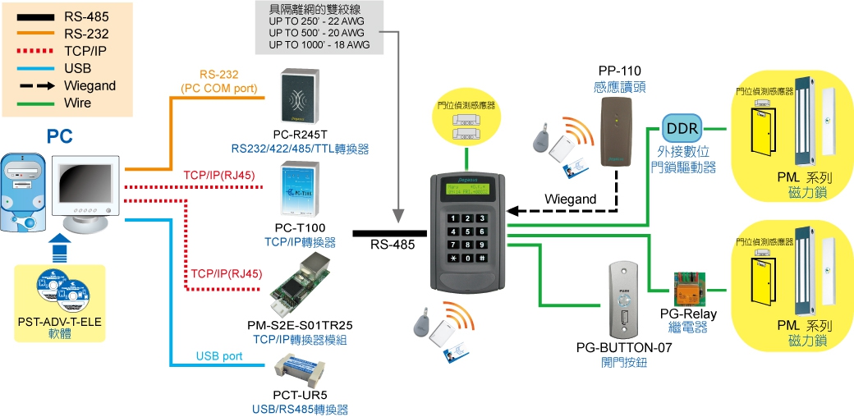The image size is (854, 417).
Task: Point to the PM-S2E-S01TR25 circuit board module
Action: point(305,282)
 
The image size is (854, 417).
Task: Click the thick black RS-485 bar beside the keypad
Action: point(389,233)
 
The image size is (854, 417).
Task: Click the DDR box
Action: point(682,130)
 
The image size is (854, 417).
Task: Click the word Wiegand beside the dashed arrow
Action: point(570,199)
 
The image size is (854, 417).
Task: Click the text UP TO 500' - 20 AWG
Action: point(319,33)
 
